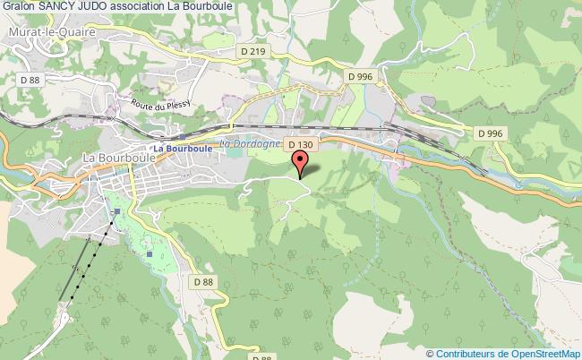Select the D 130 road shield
(x=299, y=144)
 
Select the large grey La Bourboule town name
(x=119, y=157)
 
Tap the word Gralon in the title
(x=21, y=9)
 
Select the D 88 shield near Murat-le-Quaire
(x=30, y=81)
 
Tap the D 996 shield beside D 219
(x=360, y=77)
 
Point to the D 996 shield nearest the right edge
(x=490, y=133)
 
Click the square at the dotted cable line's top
(x=117, y=212)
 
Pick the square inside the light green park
(x=150, y=253)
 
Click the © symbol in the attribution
(x=431, y=353)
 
